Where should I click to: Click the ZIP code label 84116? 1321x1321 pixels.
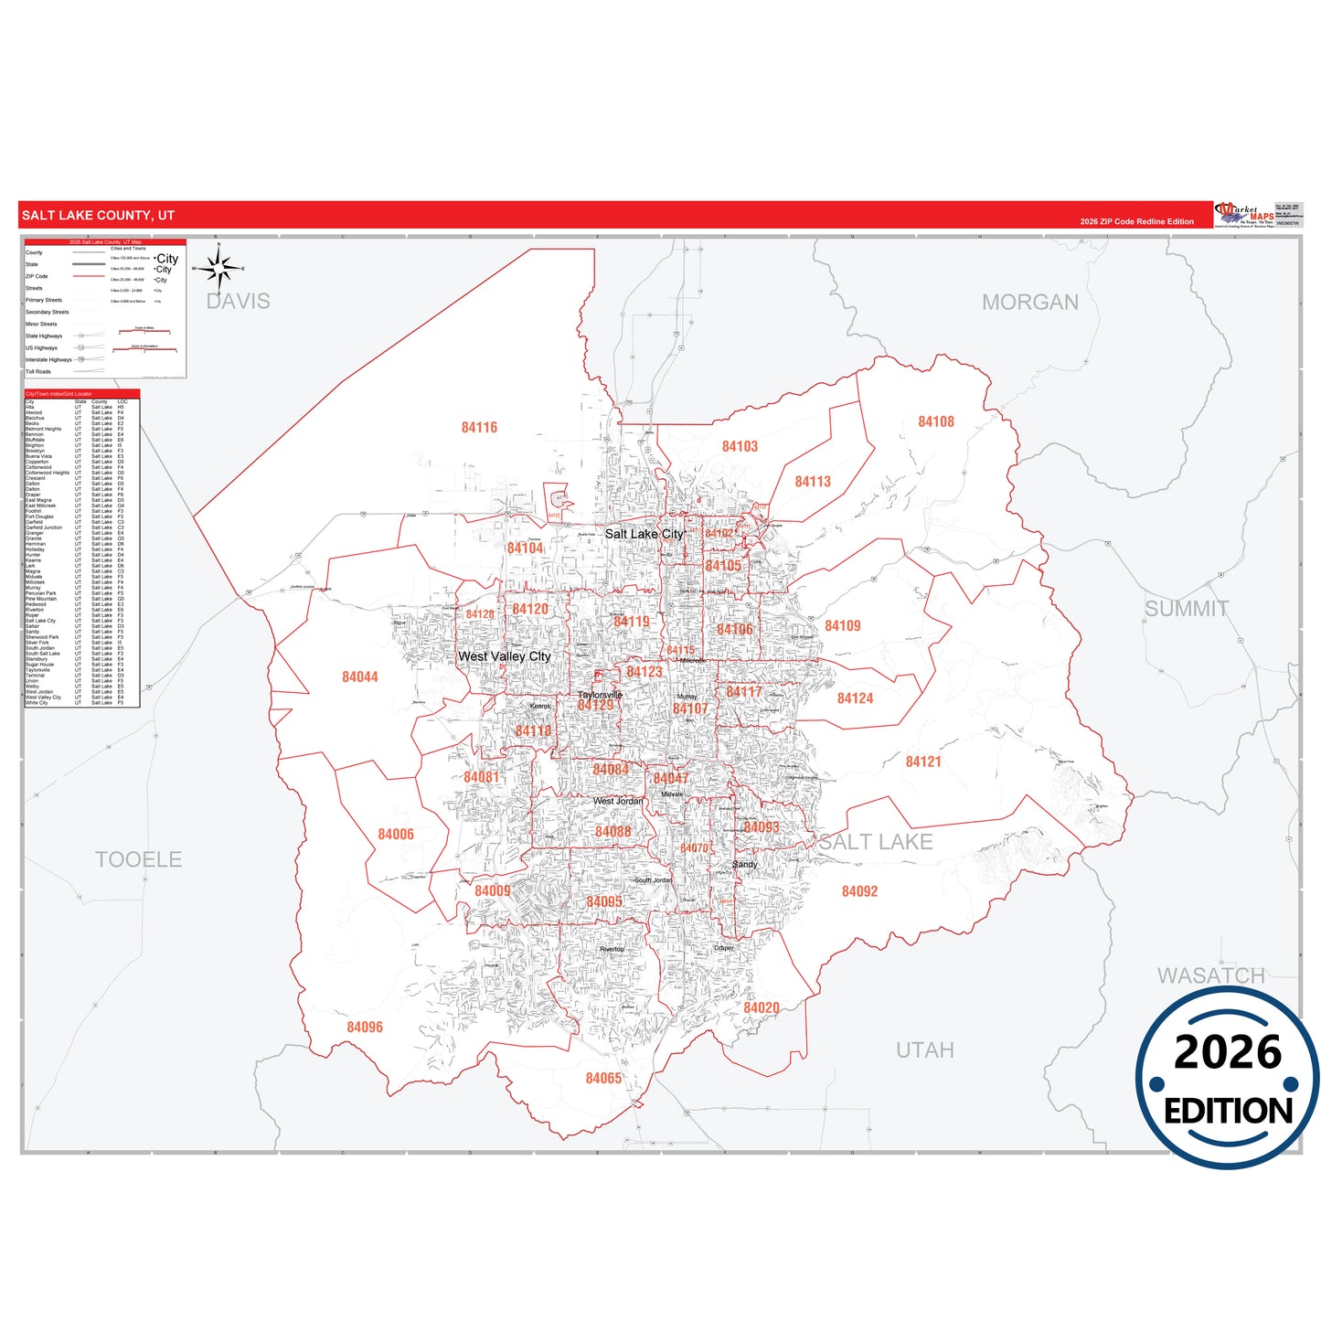(479, 428)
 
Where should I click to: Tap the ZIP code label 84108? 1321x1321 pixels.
(935, 421)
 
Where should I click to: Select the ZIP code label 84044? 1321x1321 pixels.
(359, 676)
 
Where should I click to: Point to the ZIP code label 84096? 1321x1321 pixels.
(364, 1028)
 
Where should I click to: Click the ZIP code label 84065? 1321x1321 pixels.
(603, 1079)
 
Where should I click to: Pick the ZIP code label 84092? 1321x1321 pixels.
(859, 891)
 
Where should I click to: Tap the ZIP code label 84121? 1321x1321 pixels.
(923, 762)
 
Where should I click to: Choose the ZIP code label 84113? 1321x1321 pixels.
(812, 482)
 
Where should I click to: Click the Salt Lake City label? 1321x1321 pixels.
(644, 534)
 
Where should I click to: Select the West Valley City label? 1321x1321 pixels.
(504, 656)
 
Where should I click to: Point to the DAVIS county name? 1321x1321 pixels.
(238, 301)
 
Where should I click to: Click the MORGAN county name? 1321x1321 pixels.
(1029, 303)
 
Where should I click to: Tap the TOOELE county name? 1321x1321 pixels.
(138, 859)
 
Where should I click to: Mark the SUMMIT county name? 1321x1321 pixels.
(1187, 609)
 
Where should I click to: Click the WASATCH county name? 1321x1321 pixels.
(1210, 975)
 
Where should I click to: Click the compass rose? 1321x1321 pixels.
(218, 269)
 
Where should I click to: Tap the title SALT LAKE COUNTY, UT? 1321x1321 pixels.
(98, 216)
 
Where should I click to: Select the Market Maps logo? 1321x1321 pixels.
(1243, 215)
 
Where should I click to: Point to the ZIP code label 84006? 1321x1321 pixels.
(395, 835)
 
